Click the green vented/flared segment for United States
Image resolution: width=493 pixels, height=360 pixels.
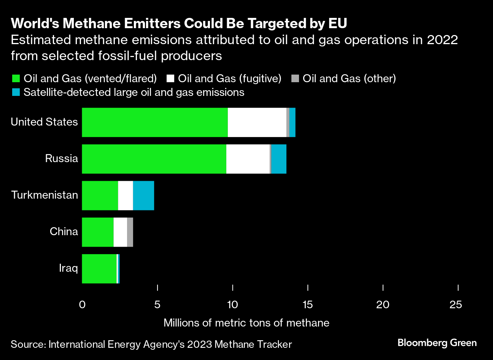[x=154, y=122]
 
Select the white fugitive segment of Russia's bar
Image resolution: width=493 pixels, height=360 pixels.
[x=248, y=159]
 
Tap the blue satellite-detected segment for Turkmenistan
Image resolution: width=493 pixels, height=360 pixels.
[x=143, y=195]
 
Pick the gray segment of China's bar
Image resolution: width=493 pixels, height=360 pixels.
[x=130, y=232]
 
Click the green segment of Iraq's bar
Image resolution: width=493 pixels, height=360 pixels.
[x=99, y=269]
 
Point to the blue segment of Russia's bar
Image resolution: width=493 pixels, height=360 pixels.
[x=279, y=159]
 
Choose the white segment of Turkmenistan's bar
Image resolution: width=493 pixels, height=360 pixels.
[x=126, y=195]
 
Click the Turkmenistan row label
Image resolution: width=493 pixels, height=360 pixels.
[x=45, y=195]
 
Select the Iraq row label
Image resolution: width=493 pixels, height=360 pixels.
[x=68, y=268]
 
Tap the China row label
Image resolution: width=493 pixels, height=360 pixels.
[x=64, y=231]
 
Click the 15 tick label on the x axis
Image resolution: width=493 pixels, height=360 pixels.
[x=307, y=304]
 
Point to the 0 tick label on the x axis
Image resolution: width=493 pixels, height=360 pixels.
[x=82, y=304]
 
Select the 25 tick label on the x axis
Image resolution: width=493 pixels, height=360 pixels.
[x=456, y=304]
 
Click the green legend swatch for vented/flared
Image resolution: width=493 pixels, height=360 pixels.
[x=16, y=79]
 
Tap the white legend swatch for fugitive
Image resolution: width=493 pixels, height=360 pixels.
[x=170, y=79]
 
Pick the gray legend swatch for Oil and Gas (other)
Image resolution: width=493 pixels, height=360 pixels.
[x=295, y=79]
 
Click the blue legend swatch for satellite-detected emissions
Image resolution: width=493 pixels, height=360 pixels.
[x=16, y=92]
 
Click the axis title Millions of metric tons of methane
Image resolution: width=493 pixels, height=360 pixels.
[x=246, y=323]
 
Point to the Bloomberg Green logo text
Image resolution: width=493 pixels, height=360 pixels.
[x=437, y=343]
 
